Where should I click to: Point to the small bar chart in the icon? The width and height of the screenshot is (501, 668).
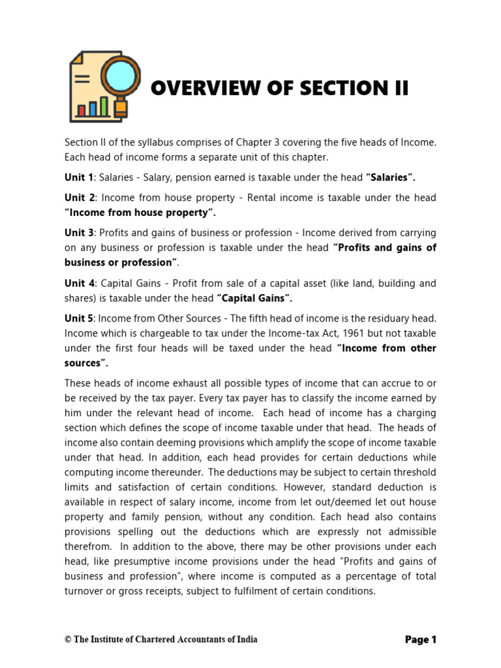pos(92,107)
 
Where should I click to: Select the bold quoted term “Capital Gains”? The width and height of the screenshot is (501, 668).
pos(254,298)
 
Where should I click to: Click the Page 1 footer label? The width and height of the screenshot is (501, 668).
pos(420,640)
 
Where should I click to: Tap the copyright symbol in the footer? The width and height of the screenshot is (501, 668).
pos(68,640)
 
